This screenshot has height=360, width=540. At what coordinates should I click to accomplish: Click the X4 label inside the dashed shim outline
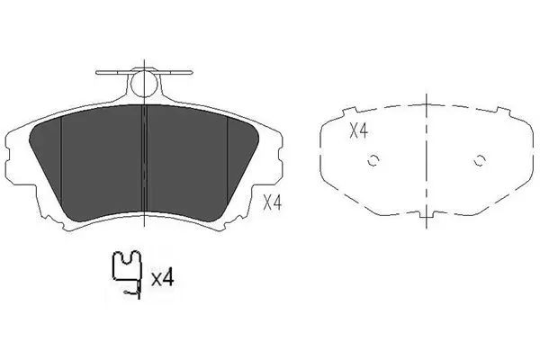(x=359, y=131)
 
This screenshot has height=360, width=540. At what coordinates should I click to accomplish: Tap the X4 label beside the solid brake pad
(x=272, y=202)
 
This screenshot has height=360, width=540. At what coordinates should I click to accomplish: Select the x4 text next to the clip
(x=163, y=278)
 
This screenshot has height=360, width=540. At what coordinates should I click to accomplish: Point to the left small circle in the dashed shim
(x=373, y=160)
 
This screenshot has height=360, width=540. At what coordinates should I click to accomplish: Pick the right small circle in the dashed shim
(x=480, y=160)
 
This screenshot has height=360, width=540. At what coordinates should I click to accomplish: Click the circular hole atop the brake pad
(x=145, y=84)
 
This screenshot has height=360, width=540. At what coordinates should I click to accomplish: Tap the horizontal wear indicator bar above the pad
(x=144, y=73)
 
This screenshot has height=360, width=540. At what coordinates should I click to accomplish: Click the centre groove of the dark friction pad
(x=145, y=162)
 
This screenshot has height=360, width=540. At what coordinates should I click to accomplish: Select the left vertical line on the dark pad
(x=61, y=159)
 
